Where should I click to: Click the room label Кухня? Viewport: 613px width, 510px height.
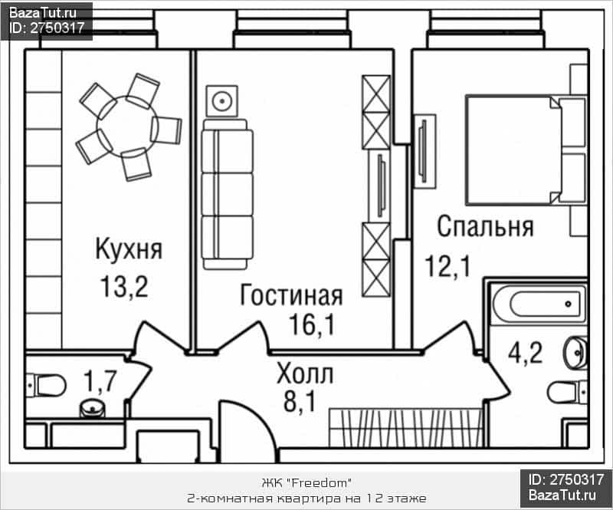(129, 249)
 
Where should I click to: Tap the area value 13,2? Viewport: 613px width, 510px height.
(124, 287)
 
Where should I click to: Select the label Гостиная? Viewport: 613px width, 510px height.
(291, 294)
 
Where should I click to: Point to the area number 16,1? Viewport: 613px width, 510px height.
(312, 324)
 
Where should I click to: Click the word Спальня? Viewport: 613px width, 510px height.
(485, 226)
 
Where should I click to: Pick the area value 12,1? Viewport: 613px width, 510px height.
(448, 266)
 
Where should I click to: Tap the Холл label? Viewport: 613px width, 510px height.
(304, 373)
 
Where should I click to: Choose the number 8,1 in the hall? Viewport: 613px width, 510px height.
(300, 401)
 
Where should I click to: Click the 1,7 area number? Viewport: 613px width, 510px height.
(100, 381)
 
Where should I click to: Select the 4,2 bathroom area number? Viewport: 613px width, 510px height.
(525, 353)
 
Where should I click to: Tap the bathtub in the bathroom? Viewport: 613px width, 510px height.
(539, 304)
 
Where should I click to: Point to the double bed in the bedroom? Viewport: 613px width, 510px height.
(526, 150)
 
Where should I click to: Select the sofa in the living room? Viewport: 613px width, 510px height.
(227, 194)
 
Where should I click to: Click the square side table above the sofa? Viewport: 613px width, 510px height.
(222, 101)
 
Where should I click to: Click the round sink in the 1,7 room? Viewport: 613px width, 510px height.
(92, 408)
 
